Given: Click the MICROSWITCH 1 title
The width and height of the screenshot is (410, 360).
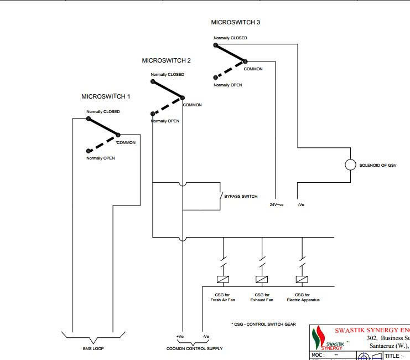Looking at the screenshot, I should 106,96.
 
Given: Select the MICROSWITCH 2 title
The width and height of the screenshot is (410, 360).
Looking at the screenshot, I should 167,60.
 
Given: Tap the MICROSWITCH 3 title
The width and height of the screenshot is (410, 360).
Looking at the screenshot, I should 236,23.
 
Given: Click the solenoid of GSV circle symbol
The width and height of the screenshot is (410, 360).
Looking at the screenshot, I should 350,165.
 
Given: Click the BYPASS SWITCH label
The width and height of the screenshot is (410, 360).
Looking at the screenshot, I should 241,197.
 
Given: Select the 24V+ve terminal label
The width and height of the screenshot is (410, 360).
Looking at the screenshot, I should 277,205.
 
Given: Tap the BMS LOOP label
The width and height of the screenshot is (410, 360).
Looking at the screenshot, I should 93,348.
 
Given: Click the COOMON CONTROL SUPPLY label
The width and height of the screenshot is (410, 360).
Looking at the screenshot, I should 194,348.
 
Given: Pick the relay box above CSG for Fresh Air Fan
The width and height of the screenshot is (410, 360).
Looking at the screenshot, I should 223,279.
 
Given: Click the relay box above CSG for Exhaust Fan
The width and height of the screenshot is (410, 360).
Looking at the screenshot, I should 262,279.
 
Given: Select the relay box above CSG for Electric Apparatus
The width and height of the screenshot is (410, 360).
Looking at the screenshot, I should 302,279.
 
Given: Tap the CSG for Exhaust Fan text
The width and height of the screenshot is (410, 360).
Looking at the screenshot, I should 262,297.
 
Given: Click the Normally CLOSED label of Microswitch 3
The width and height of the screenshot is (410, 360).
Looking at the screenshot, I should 230,38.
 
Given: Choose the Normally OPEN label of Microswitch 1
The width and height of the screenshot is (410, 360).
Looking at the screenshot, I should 100,158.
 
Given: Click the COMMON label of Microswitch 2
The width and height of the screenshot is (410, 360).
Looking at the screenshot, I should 193,105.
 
